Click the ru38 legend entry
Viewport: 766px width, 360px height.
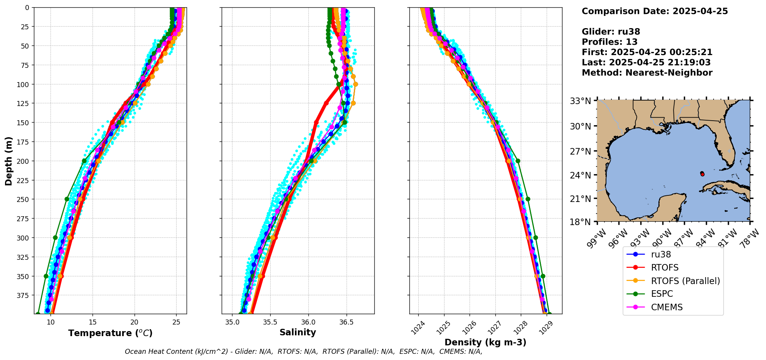(x=661, y=254)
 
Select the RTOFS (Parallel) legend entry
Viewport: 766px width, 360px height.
(x=685, y=281)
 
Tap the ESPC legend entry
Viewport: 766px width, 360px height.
(x=662, y=294)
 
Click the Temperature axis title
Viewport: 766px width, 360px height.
(x=110, y=333)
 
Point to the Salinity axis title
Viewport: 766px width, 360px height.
(x=298, y=332)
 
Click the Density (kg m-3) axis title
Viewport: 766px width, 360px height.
(x=485, y=342)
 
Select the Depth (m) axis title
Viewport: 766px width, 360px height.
(x=8, y=161)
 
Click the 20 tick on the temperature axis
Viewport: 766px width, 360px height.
(x=134, y=322)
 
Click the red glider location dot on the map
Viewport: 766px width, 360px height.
(x=702, y=175)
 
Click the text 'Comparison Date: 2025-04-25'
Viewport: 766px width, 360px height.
(x=655, y=11)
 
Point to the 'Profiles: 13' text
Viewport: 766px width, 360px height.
(x=609, y=42)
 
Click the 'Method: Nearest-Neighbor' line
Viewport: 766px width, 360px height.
(x=647, y=73)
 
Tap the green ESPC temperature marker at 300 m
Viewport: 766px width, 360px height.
(x=55, y=238)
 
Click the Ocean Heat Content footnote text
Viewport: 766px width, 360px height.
(x=303, y=352)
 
